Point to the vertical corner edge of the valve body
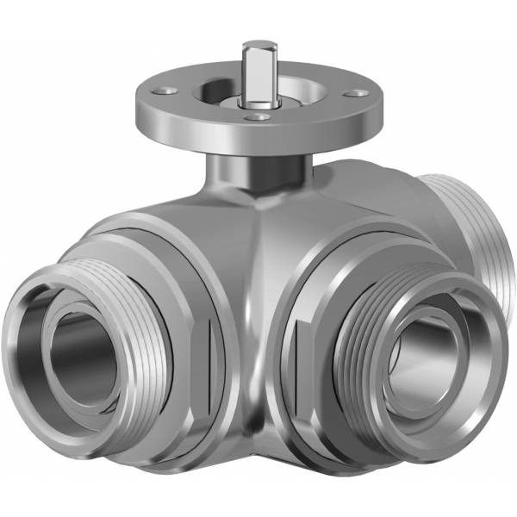coord(255,302)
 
